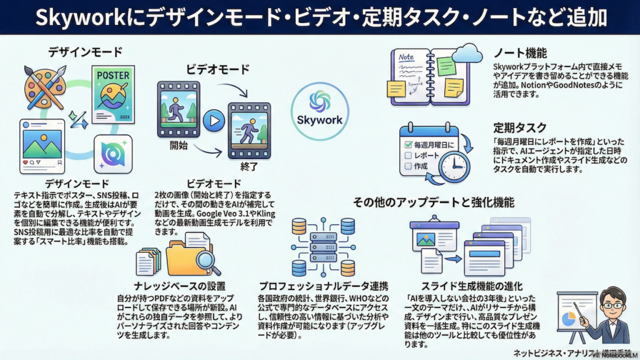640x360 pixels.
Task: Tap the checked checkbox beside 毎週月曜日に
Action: click(409, 145)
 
